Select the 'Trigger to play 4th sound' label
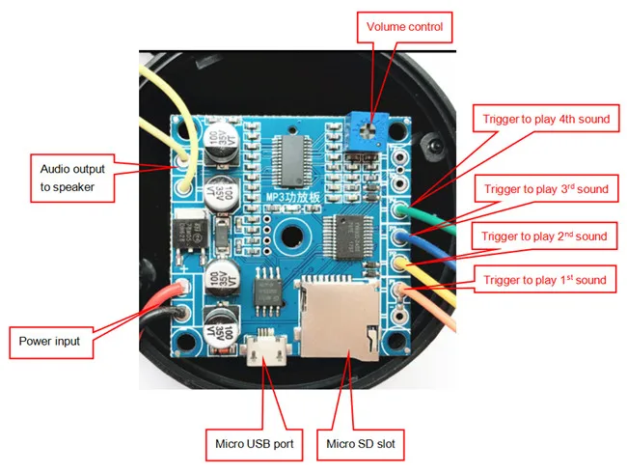(547, 119)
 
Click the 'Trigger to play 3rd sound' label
(547, 189)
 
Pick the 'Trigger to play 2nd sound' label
(545, 236)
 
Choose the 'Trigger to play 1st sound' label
(545, 281)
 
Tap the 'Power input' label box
(49, 341)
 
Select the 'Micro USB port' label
(254, 445)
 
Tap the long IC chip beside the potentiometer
(291, 157)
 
